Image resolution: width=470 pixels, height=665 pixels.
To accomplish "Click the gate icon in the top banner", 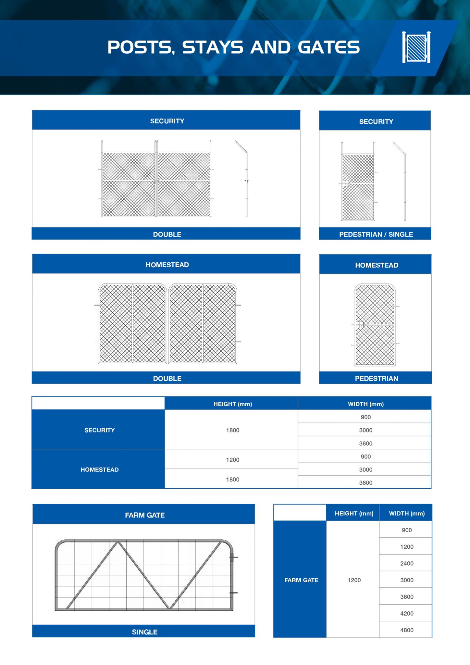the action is [416, 47].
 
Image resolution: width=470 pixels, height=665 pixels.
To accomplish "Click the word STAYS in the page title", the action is [213, 47].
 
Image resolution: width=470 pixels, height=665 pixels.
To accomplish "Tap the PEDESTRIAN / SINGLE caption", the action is [376, 234].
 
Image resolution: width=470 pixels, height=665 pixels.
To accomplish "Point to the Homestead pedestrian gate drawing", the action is [375, 325].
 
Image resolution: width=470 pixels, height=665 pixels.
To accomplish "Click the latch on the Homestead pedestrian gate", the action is [359, 325].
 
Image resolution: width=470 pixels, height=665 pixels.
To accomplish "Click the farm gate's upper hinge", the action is [232, 557].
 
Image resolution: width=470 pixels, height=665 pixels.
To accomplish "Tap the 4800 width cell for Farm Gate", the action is [407, 630].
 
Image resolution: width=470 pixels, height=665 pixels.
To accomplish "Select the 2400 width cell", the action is [407, 563].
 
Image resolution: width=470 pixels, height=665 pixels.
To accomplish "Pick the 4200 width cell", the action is [407, 613].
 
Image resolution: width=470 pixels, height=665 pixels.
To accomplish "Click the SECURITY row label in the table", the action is [99, 430].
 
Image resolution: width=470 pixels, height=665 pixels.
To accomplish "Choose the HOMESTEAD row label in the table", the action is [99, 470].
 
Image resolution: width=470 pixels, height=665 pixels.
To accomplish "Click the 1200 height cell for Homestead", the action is [232, 460].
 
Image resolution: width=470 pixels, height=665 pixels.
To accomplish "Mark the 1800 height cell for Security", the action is [232, 430].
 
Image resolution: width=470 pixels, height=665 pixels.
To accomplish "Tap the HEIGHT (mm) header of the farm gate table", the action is [354, 513].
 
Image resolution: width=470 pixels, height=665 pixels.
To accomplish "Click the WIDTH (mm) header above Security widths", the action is [365, 404].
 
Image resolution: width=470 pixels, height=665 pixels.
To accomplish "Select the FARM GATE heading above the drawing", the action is [145, 515].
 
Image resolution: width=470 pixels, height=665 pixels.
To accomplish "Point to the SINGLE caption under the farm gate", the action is [145, 632].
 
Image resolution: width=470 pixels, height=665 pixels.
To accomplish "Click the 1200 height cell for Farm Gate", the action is [354, 580].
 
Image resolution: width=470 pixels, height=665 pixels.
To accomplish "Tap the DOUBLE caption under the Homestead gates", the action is [167, 378].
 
